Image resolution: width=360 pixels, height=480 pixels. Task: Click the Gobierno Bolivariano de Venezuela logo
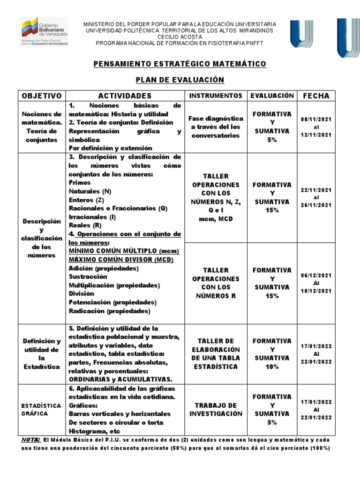(44, 31)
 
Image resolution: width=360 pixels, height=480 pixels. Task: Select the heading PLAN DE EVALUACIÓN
(180, 80)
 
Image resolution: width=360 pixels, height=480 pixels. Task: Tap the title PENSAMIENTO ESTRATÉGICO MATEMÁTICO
(180, 64)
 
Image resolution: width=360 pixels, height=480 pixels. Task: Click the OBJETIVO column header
(42, 96)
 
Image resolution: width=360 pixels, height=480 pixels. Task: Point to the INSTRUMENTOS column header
(216, 96)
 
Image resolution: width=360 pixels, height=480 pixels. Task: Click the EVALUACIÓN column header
(272, 96)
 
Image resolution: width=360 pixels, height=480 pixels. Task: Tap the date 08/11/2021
(316, 119)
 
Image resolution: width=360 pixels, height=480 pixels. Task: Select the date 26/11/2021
(316, 205)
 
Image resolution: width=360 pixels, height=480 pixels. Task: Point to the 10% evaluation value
(272, 367)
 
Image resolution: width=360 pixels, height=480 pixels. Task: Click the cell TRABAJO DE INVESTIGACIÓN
(216, 409)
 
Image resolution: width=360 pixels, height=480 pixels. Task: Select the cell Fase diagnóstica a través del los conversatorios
(216, 127)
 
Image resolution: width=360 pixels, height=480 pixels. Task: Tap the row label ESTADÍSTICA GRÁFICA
(42, 409)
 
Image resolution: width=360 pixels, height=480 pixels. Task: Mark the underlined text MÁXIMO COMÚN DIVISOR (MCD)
(121, 260)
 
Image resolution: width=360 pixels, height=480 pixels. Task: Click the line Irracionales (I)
(92, 217)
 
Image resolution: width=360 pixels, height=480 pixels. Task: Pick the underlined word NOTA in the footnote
(31, 440)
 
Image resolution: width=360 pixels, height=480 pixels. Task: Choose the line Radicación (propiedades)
(109, 310)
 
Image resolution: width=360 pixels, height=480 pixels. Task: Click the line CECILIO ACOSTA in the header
(180, 37)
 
